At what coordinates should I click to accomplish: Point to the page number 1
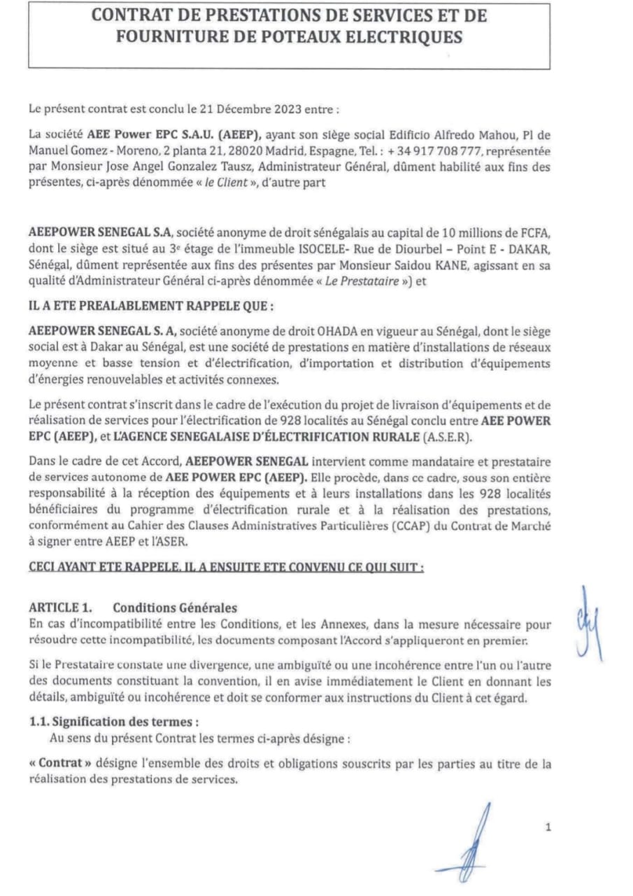tap(548, 828)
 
